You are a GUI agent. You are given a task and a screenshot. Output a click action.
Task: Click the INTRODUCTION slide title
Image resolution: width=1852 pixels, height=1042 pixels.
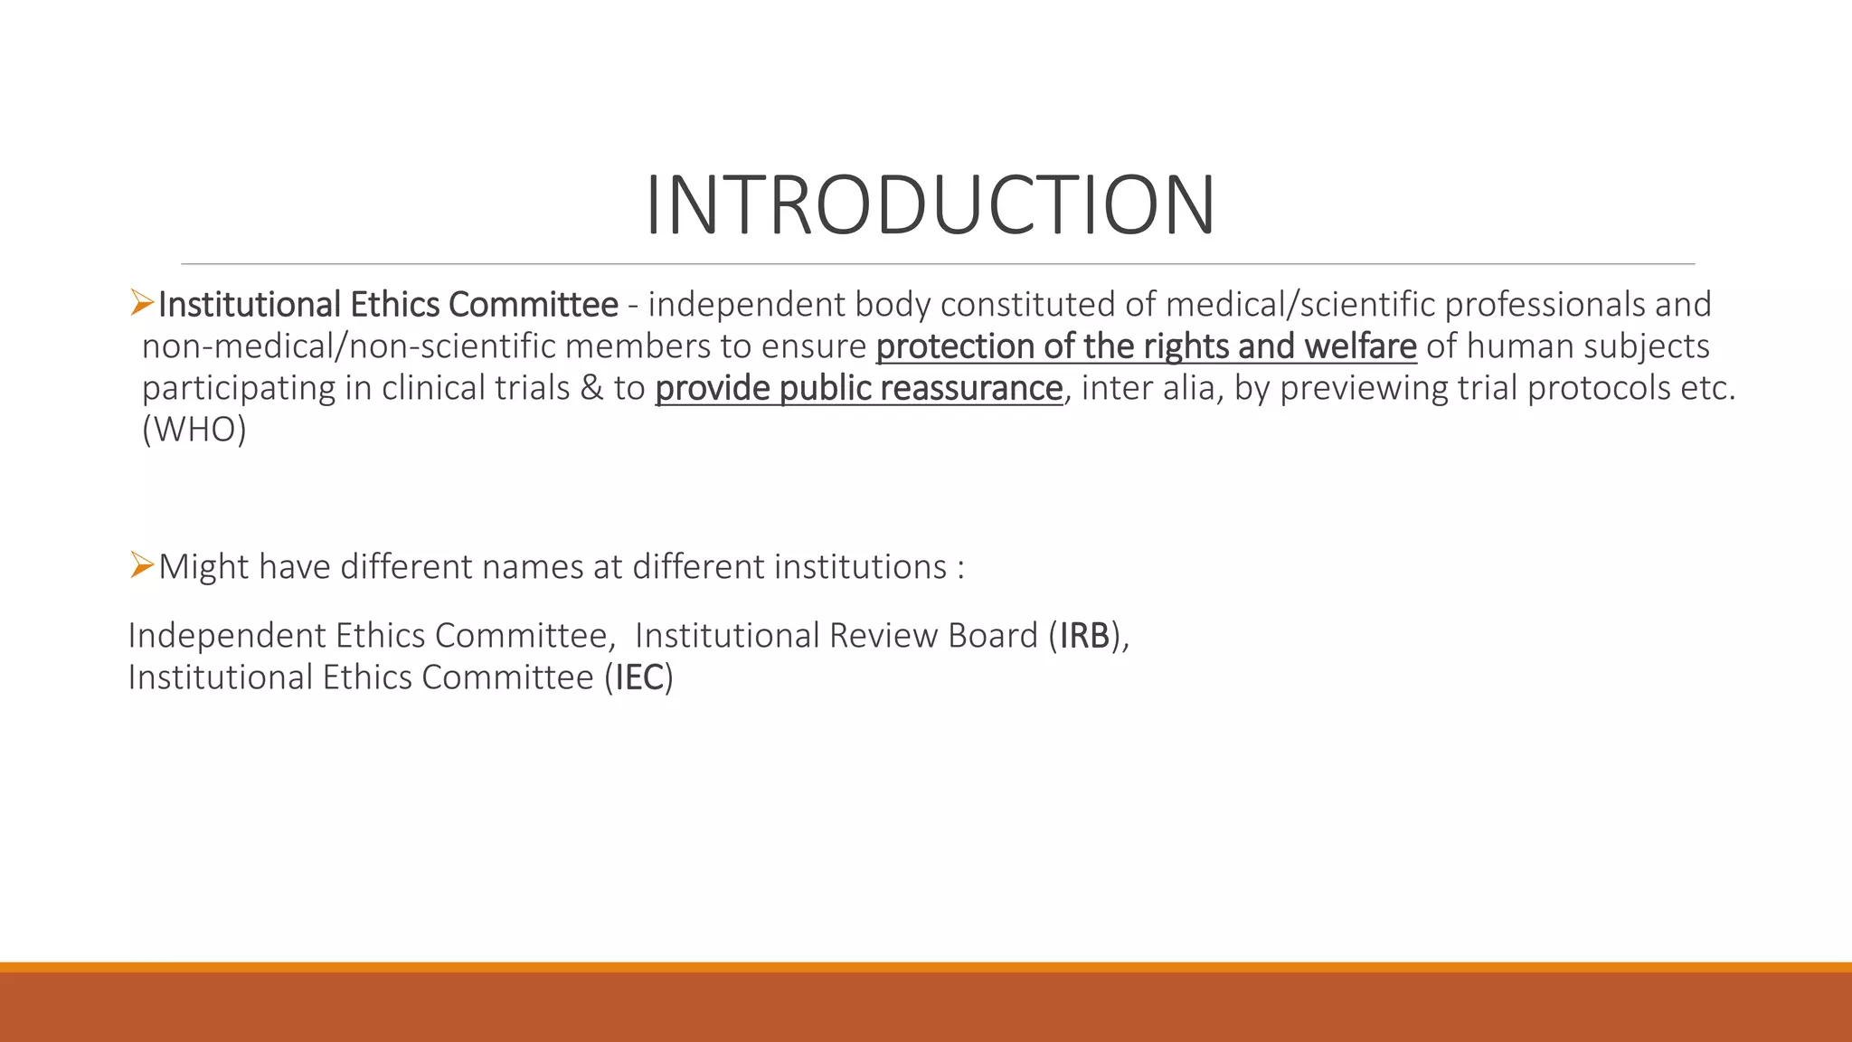point(930,206)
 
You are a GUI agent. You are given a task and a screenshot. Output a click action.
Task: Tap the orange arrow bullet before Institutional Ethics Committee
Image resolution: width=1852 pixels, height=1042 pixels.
point(142,303)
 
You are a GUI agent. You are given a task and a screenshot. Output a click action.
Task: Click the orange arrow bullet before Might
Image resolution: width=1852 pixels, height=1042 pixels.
point(142,565)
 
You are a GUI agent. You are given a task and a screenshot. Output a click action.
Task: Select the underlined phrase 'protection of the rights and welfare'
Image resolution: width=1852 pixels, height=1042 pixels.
point(1146,346)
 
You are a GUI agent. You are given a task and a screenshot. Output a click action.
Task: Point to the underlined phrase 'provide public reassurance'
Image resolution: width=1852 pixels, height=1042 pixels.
point(858,388)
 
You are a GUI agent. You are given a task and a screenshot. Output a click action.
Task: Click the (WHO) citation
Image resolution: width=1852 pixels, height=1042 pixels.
point(194,430)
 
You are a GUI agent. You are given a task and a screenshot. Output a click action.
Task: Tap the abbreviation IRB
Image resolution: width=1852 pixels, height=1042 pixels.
point(1084,636)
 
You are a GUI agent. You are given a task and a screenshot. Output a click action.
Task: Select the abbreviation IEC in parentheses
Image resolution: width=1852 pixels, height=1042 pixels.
point(639,677)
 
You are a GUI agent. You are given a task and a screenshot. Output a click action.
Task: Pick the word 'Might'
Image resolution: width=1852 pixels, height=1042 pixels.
point(203,567)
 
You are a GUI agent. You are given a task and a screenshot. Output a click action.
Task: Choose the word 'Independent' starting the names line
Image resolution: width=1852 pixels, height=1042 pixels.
point(226,636)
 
